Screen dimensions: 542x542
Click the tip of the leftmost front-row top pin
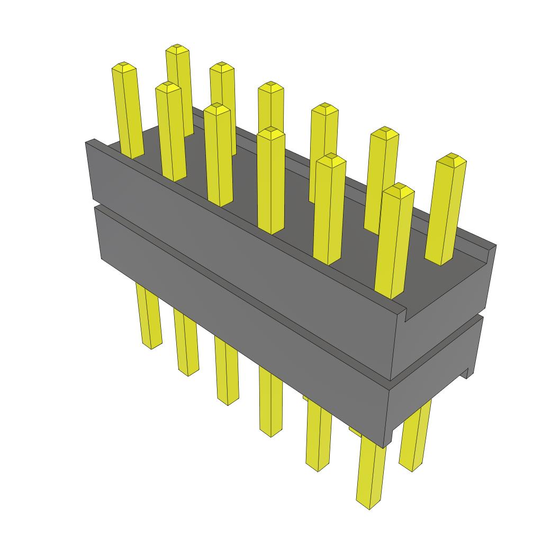pyautogui.click(x=124, y=67)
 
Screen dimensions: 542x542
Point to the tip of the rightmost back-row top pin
pyautogui.click(x=451, y=158)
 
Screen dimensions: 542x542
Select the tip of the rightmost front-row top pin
pyautogui.click(x=399, y=188)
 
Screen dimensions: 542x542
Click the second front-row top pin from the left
pyautogui.click(x=170, y=132)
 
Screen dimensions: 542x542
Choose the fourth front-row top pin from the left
pyautogui.click(x=270, y=180)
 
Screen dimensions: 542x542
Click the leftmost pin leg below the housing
pyautogui.click(x=149, y=318)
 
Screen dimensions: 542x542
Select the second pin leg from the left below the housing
pyautogui.click(x=186, y=344)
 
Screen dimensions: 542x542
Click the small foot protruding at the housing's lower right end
pyautogui.click(x=466, y=371)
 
